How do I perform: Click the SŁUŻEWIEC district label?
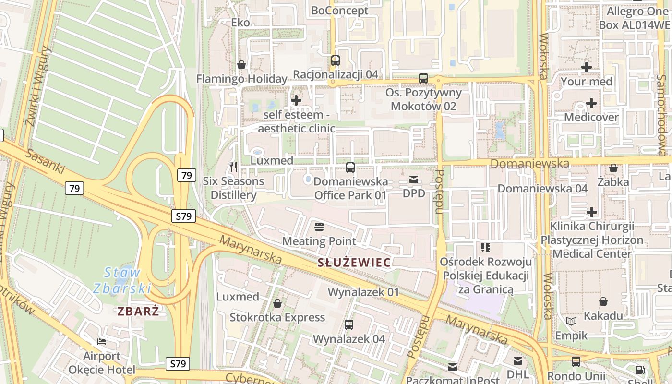click(354, 263)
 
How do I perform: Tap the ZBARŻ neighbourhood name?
click(138, 311)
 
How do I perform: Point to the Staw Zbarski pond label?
click(122, 280)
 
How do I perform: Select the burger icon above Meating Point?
click(319, 227)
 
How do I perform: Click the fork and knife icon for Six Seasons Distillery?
click(233, 167)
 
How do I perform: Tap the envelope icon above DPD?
click(413, 180)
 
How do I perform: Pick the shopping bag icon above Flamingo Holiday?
click(241, 65)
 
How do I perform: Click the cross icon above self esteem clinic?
click(296, 100)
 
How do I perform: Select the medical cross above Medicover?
click(591, 103)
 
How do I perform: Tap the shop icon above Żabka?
click(613, 168)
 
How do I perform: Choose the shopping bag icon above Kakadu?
click(603, 301)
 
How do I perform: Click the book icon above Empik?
click(571, 321)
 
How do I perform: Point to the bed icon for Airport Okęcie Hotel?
click(102, 342)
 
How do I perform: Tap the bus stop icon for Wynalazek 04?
click(349, 325)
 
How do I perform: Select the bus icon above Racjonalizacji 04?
click(335, 60)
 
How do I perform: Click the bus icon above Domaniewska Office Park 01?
click(350, 168)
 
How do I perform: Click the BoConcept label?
click(339, 11)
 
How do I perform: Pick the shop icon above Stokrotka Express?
click(277, 303)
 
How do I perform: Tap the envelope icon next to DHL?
click(518, 361)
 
